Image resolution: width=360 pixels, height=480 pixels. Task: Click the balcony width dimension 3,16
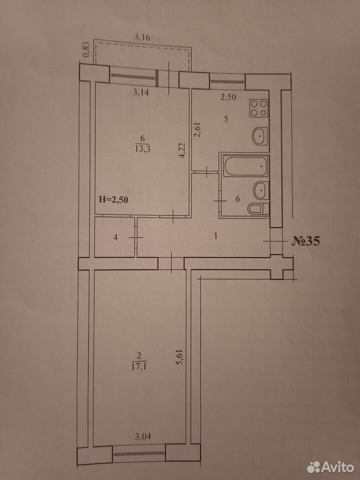point(143,38)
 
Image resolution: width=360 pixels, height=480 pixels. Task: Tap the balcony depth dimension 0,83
point(87,49)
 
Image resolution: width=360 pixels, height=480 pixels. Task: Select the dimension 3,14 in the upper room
point(141,92)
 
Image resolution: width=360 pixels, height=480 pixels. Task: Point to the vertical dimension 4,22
point(183,149)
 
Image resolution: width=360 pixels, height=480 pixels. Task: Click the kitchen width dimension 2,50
point(228,97)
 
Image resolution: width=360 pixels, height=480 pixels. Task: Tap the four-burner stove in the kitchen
point(259,108)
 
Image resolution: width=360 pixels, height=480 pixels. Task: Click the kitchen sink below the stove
point(259,135)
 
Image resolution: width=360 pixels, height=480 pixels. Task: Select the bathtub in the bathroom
point(246,166)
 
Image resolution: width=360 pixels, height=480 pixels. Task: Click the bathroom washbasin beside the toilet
point(261,190)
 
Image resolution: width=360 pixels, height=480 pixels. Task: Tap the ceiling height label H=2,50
point(113,199)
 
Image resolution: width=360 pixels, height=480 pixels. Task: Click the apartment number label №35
point(305,241)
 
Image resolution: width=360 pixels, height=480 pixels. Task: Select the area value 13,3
point(141,149)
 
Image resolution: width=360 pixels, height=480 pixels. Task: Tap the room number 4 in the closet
point(115,237)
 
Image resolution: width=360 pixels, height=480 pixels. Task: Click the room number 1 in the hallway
point(216,235)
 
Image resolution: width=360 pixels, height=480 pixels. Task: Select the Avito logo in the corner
point(330,467)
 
